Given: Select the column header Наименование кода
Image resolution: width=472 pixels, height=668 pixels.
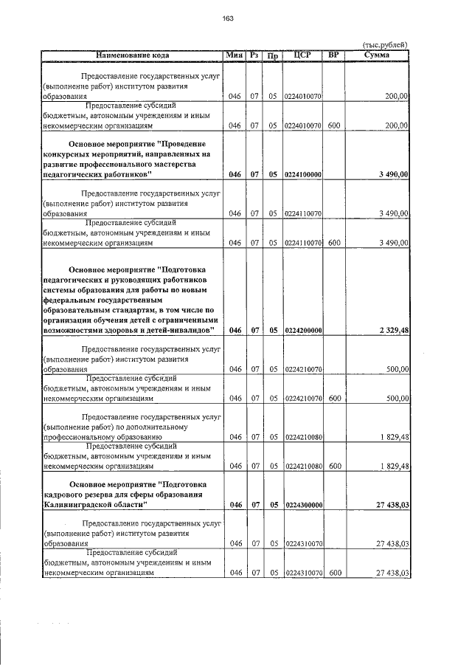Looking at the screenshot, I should tap(133, 55).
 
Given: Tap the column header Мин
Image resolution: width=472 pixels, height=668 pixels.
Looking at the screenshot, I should tap(235, 55).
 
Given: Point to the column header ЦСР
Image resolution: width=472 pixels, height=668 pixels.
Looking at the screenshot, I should tap(302, 55).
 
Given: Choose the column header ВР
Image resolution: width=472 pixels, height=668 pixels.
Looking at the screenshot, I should tap(333, 55).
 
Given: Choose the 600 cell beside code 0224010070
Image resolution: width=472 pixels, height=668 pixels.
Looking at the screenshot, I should tap(333, 125).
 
